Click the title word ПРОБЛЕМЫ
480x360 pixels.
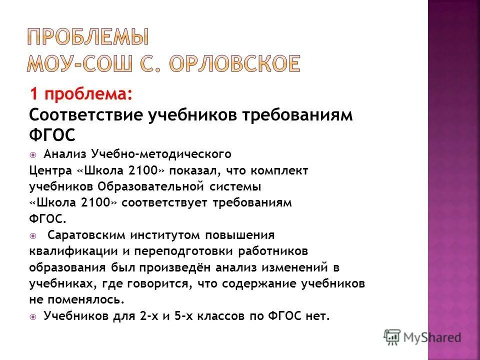[x=87, y=37]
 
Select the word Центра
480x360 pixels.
[x=50, y=171]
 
